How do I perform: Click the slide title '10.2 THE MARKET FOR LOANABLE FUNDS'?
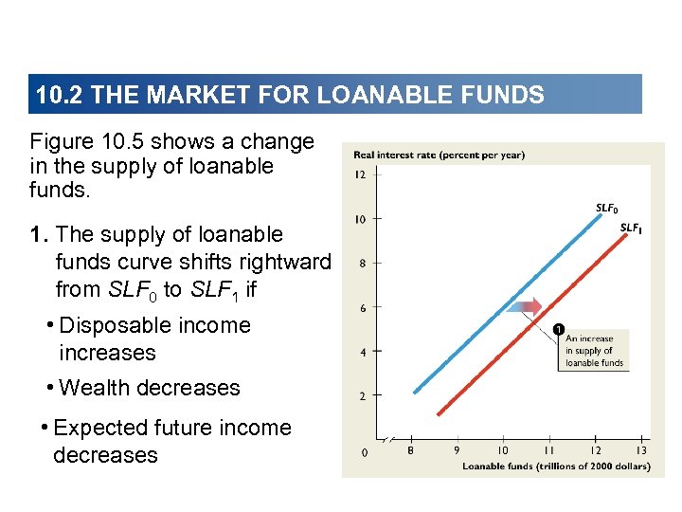(x=289, y=95)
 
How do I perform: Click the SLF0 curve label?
(x=607, y=208)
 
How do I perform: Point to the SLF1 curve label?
(x=631, y=228)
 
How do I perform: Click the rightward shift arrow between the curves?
(x=524, y=306)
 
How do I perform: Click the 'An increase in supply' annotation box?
(x=594, y=350)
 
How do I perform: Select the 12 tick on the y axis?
(x=360, y=174)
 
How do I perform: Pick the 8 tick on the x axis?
(x=410, y=451)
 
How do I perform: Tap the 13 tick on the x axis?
(x=641, y=451)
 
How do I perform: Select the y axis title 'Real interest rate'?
(x=439, y=155)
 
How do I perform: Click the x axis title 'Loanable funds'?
(x=556, y=466)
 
